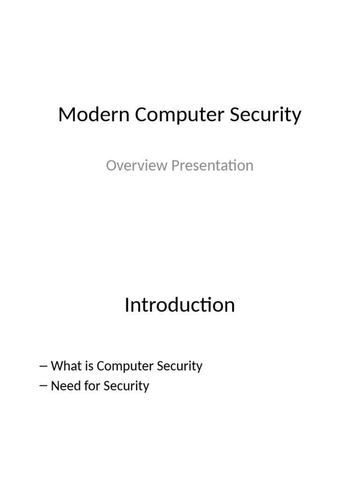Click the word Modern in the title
point(94,115)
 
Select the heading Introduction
point(180,305)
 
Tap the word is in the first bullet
point(90,366)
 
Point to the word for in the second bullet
point(91,386)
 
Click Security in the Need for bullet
point(126,387)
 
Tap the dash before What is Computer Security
point(44,366)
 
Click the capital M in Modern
point(67,115)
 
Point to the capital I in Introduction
point(127,305)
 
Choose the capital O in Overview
point(111,165)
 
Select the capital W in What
point(57,366)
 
